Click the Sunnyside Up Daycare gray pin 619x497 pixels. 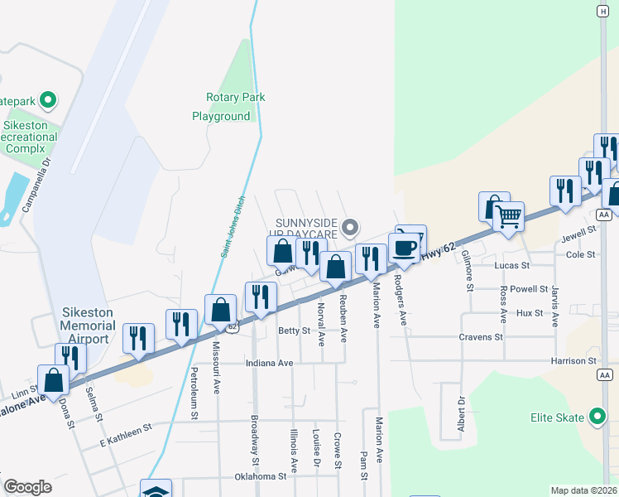pos(351,226)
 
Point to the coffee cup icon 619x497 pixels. pos(405,247)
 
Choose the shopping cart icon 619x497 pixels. pos(508,217)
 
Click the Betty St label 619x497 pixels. pos(294,331)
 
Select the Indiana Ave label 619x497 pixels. pos(270,363)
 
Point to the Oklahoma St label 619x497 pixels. pos(260,476)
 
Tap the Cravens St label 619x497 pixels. pos(481,337)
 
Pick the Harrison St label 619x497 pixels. pos(573,361)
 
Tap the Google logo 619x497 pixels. pos(27,487)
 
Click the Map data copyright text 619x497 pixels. pos(584,490)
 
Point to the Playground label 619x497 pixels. pos(221,117)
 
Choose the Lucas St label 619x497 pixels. pos(511,265)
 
